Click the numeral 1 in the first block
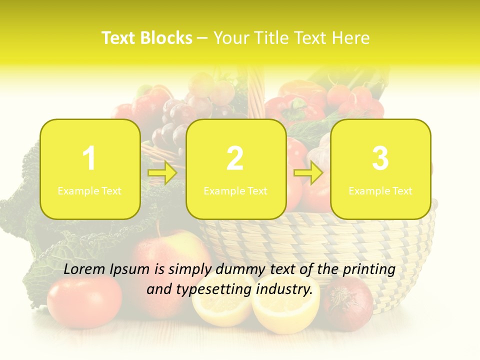point(89,159)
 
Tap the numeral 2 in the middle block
point(235,159)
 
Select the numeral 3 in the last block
point(380,159)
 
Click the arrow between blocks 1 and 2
point(162,173)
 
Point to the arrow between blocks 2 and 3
point(308,173)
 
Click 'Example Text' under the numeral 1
point(89,191)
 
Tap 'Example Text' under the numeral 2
point(235,191)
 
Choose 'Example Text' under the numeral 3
point(380,191)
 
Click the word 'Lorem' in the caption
point(85,269)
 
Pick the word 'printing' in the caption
point(369,269)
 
